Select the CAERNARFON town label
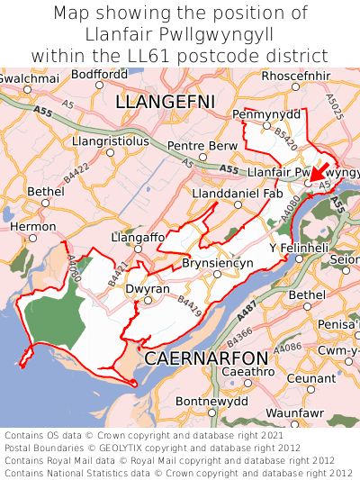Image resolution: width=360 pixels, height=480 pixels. click(x=206, y=358)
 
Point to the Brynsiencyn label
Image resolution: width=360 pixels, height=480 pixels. click(x=217, y=263)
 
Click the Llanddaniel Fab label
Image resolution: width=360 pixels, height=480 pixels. click(x=238, y=193)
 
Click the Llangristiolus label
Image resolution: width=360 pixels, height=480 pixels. click(x=111, y=141)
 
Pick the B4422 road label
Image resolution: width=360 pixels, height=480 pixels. click(x=78, y=166)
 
